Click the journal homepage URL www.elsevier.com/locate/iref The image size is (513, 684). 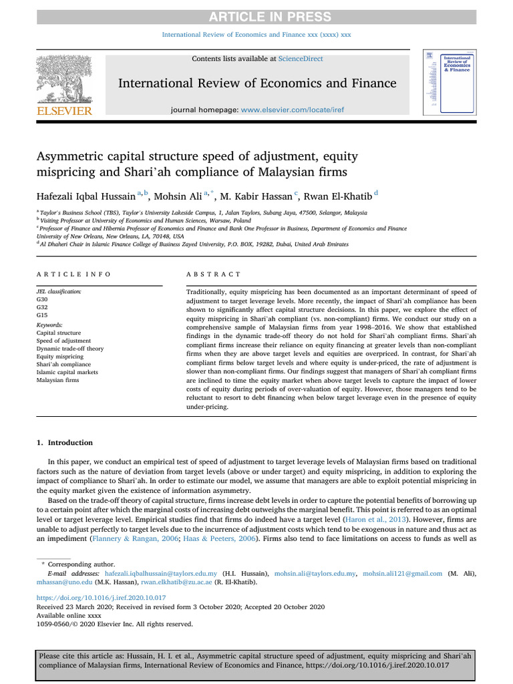click(x=297, y=110)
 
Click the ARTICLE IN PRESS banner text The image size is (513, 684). click(x=256, y=16)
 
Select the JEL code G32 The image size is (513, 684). click(x=42, y=307)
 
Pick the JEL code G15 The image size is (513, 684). click(x=42, y=315)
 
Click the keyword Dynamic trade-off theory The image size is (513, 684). click(x=70, y=348)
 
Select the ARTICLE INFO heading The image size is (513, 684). click(x=74, y=275)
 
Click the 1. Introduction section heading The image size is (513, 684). click(x=65, y=443)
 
